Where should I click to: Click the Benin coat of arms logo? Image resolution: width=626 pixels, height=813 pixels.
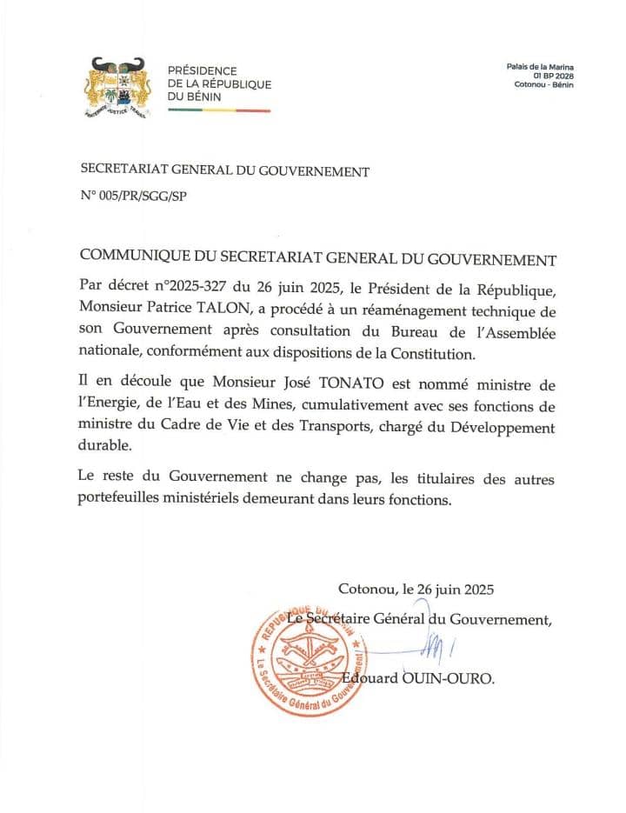click(115, 86)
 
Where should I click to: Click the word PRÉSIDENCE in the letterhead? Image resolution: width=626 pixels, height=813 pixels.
click(202, 70)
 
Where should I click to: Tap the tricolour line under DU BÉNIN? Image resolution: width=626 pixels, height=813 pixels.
click(218, 110)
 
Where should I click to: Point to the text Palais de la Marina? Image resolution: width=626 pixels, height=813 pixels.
click(540, 66)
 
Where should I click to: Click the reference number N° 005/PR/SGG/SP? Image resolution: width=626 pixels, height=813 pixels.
click(133, 196)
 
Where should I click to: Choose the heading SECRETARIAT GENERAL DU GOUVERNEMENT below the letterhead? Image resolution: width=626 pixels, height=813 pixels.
click(224, 171)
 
